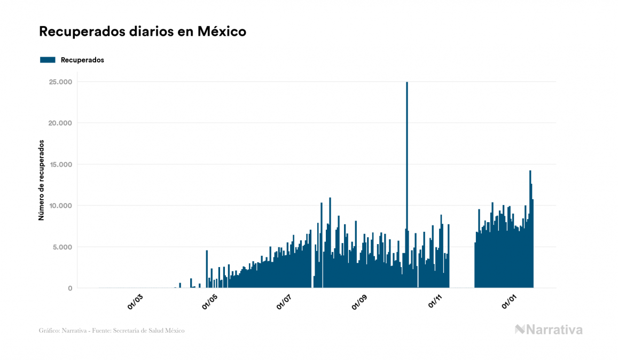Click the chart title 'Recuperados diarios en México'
(x=143, y=32)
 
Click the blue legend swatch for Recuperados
(x=48, y=60)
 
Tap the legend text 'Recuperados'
(x=82, y=60)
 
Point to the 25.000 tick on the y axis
(x=60, y=82)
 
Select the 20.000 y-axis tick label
(x=60, y=123)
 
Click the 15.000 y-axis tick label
(x=60, y=165)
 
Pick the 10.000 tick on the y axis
(x=60, y=206)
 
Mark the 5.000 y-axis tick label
(x=62, y=247)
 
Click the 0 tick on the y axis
(x=70, y=288)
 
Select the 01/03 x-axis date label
(x=135, y=302)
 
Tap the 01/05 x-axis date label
(x=210, y=302)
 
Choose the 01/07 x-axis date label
(x=285, y=302)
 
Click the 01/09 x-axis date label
(x=359, y=302)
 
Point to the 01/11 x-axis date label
(x=435, y=302)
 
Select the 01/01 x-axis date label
(x=510, y=302)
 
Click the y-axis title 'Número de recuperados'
(x=41, y=181)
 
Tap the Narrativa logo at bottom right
(x=549, y=330)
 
